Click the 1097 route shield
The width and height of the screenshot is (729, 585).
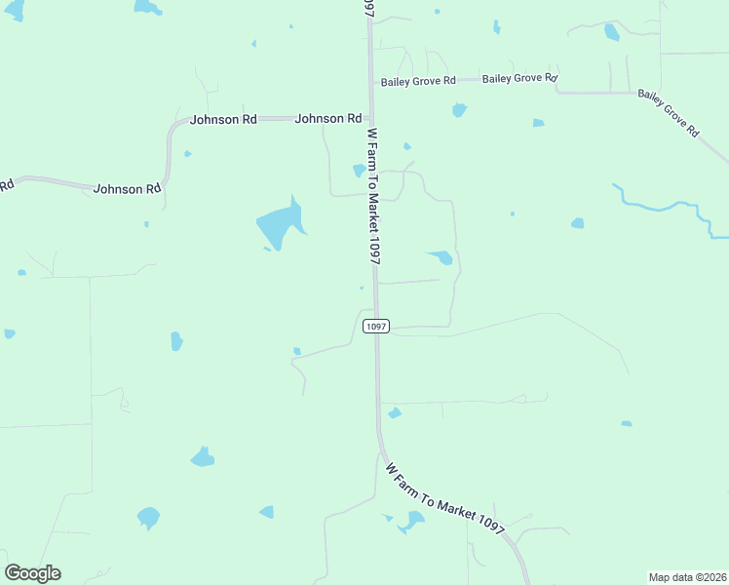pos(376,327)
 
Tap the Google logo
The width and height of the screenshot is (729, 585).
pos(33,573)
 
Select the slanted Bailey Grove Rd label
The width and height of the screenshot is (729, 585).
pos(669,113)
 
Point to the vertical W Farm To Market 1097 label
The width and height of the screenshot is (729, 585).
pos(372,195)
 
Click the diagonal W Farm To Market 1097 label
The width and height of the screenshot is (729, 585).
pos(444,497)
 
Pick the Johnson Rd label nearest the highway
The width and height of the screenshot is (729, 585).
pos(328,118)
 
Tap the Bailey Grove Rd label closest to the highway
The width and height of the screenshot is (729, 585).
pos(418,81)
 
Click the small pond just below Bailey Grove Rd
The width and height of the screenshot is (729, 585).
pos(459,110)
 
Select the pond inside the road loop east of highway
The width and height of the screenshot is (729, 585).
pos(440,257)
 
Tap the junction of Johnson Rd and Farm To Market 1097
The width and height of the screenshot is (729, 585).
pos(370,118)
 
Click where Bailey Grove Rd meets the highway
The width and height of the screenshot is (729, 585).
pos(370,81)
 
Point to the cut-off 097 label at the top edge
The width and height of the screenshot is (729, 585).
pos(367,8)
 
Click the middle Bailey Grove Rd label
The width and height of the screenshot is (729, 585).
pos(519,78)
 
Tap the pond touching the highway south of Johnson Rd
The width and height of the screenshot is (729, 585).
pos(359,171)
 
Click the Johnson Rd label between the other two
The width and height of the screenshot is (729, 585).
pos(223,119)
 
